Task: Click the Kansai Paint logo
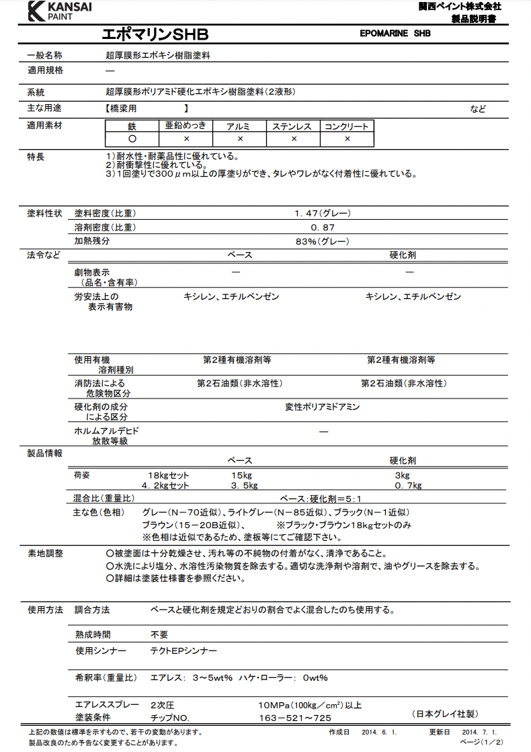[60, 11]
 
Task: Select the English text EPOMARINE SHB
[395, 33]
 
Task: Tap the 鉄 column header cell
[132, 126]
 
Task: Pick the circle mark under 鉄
[132, 139]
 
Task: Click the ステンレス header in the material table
[293, 126]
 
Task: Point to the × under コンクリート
[347, 139]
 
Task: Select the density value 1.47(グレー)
[322, 214]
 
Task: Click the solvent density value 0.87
[322, 228]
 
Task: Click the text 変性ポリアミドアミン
[322, 407]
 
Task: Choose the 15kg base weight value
[241, 475]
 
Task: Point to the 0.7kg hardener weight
[408, 485]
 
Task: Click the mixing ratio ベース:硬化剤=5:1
[320, 499]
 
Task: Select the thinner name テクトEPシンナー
[183, 651]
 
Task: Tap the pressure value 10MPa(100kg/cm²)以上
[310, 705]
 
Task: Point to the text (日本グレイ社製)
[445, 714]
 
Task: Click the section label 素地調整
[45, 553]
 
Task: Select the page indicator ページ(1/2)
[481, 741]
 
